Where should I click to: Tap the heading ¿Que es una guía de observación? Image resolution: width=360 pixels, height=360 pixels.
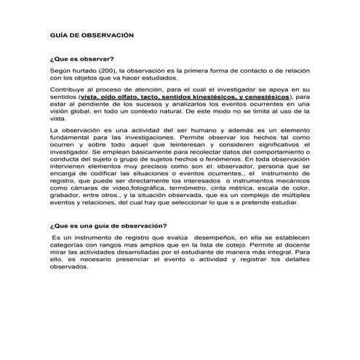108,225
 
